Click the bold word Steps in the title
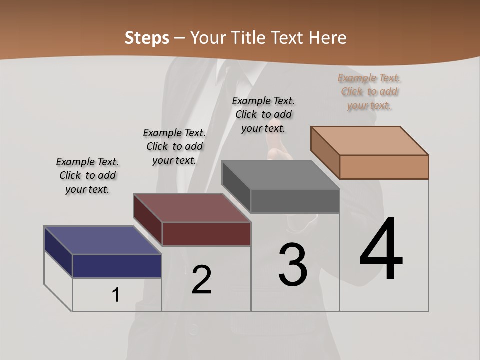click(x=147, y=38)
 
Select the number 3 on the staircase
click(x=293, y=264)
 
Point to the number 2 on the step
click(x=201, y=280)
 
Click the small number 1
click(x=116, y=295)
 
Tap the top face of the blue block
click(x=102, y=240)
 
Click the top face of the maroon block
click(x=192, y=208)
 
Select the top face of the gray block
click(x=281, y=175)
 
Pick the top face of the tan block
click(x=370, y=141)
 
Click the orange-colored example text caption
click(x=369, y=91)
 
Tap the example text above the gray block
click(x=263, y=114)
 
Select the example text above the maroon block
click(x=174, y=146)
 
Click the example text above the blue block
click(x=87, y=175)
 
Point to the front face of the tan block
click(x=384, y=167)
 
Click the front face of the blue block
click(x=117, y=266)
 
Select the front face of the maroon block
click(x=206, y=234)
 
